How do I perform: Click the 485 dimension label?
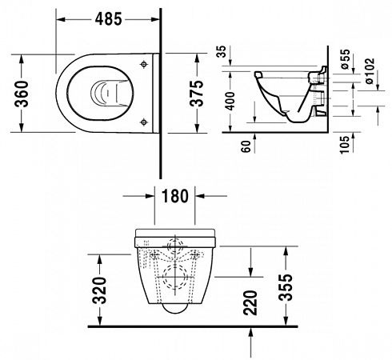click(x=108, y=19)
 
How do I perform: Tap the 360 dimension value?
click(x=22, y=94)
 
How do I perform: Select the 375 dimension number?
click(x=197, y=94)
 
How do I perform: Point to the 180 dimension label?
click(x=174, y=196)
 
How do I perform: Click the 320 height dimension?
click(x=99, y=290)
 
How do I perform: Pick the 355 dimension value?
click(x=286, y=287)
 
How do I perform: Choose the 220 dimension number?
click(x=250, y=303)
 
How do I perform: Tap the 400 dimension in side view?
click(x=230, y=101)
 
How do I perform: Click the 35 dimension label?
click(x=221, y=52)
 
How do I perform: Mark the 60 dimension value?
click(x=246, y=146)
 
